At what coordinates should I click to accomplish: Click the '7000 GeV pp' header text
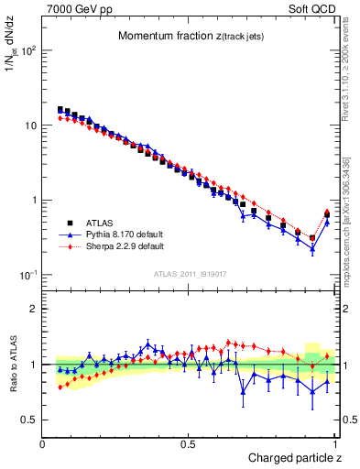click(x=75, y=7)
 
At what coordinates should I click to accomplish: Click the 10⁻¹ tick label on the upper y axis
click(x=27, y=275)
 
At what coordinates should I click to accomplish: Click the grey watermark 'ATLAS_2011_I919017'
click(x=190, y=273)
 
